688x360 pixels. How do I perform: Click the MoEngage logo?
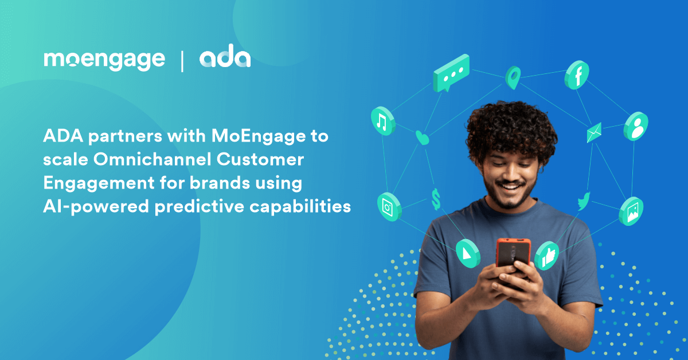pos(104,61)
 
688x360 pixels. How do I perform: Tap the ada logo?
pos(225,56)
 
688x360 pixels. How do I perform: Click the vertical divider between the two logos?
pos(182,61)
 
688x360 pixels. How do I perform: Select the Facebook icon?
pos(577,75)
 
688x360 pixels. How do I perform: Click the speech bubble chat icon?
pos(451,73)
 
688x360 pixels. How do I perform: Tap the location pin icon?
pos(513,77)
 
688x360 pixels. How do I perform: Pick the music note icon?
pos(383,121)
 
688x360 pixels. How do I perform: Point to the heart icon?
pos(422,138)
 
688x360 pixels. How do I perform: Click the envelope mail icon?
pos(594,132)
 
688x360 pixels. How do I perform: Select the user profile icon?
pos(636,126)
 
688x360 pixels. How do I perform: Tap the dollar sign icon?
pos(436,199)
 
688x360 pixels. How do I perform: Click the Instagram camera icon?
pos(389,207)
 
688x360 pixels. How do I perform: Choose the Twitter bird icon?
pos(584,201)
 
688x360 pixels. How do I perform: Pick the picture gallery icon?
pos(631,212)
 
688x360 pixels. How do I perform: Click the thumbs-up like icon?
pos(547,256)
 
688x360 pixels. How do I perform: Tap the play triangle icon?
pos(468,254)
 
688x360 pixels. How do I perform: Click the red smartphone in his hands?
pos(514,255)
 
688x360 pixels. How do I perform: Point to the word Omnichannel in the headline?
pos(153,159)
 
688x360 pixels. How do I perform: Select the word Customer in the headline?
pos(260,159)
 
